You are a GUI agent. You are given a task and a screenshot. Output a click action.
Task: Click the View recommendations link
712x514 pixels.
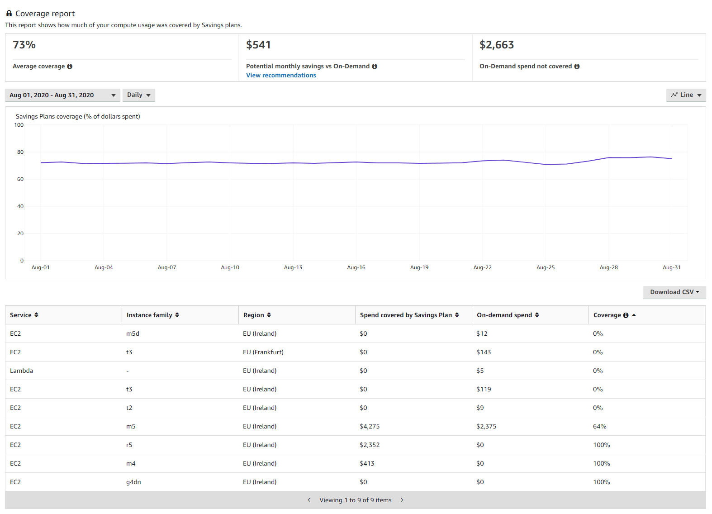tap(281, 76)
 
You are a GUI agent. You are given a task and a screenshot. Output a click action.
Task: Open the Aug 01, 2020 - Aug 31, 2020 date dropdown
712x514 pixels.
tap(62, 95)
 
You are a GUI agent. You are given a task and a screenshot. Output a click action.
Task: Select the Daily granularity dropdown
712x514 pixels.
tap(138, 95)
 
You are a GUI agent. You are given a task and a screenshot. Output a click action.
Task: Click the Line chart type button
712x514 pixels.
tap(686, 95)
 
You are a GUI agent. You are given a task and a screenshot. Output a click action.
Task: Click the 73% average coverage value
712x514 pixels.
tap(24, 45)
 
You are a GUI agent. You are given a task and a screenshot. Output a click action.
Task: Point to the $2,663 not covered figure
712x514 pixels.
tap(497, 45)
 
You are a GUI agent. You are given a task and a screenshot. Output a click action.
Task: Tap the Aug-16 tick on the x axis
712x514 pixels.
tap(356, 267)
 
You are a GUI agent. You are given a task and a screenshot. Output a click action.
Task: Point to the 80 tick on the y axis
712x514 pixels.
tap(20, 152)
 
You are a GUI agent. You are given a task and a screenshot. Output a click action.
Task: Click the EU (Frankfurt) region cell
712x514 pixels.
tap(263, 352)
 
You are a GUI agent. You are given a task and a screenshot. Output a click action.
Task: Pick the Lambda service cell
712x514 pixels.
tap(22, 371)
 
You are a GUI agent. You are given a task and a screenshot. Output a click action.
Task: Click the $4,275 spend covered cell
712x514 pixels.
tap(370, 426)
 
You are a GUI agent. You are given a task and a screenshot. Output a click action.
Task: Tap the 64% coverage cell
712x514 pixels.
tap(599, 426)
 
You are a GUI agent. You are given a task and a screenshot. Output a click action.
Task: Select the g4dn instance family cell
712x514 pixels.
tap(133, 482)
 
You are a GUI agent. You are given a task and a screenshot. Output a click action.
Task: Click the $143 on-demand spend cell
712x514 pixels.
tap(484, 352)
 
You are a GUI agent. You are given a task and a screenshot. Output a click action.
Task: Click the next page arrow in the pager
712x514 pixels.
tap(402, 500)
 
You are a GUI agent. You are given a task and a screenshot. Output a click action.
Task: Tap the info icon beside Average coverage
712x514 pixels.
tap(70, 67)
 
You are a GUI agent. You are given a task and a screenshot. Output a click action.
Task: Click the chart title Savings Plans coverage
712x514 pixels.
tap(78, 116)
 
